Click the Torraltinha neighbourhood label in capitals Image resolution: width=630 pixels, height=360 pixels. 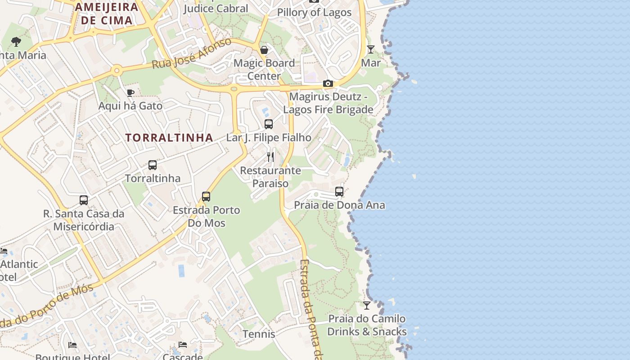point(169,138)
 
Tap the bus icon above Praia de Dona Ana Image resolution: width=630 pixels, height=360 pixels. point(339,192)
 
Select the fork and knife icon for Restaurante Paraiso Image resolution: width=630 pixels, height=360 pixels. point(270,157)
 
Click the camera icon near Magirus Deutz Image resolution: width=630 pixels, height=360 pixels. point(328,83)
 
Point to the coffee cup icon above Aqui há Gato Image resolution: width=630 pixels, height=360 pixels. point(130,93)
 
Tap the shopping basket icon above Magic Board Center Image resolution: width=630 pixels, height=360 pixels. point(264,49)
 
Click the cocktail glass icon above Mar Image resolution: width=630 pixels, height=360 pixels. point(370,49)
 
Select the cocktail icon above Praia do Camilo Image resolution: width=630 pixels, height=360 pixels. point(367,306)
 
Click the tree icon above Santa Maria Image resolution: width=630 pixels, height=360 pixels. point(16,42)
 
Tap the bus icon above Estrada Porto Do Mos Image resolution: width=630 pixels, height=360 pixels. point(206,197)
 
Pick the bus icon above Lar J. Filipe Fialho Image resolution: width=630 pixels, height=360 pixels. point(269,124)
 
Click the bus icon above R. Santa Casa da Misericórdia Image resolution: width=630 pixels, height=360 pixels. point(84,200)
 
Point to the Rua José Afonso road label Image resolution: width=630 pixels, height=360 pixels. point(192,54)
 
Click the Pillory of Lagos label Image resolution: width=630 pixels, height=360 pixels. point(314,12)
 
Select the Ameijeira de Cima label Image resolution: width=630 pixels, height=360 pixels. point(107,13)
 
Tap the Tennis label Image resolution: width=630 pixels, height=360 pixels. point(259,334)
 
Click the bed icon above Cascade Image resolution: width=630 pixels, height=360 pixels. point(182,345)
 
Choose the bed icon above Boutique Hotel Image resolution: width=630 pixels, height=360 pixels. point(72,345)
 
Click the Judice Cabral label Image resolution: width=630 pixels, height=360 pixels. point(216,8)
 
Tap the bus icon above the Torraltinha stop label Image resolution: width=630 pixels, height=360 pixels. point(153,165)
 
